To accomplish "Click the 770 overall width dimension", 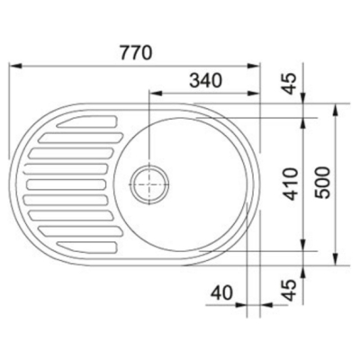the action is click(x=136, y=53).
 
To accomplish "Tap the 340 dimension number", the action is click(x=206, y=80).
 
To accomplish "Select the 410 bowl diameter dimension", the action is click(x=291, y=184).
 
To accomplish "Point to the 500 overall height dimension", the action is click(x=322, y=183).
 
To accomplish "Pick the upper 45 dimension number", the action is click(x=290, y=84).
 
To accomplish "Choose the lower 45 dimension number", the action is click(x=290, y=290).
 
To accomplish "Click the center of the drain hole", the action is click(x=149, y=184).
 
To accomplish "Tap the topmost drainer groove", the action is click(x=87, y=121).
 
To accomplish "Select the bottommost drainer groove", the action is click(x=87, y=247).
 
